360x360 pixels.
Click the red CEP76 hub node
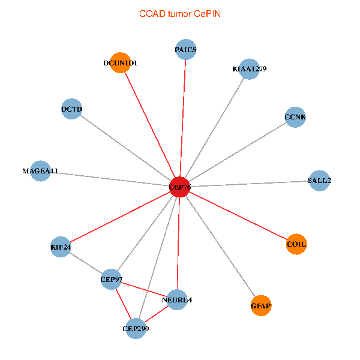pos(180,187)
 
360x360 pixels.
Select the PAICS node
pos(186,49)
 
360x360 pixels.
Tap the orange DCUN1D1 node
pos(121,62)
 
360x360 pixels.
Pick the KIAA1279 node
pos(249,69)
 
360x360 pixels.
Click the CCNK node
pos(295,117)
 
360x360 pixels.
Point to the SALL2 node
pos(319,181)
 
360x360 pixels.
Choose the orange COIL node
pos(296,244)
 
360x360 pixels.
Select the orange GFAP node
pos(261,305)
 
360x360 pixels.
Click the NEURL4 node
pos(177,299)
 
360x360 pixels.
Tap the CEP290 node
pos(136,328)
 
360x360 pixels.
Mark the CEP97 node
pos(112,279)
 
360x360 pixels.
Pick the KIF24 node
pos(61,247)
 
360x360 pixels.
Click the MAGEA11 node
pos(40,171)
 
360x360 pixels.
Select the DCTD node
pos(72,109)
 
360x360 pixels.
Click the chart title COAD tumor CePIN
pos(180,14)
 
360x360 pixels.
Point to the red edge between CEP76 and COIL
pos(238,215)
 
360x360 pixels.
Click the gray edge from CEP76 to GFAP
pos(220,246)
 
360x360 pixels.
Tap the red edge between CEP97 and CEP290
pos(124,304)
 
